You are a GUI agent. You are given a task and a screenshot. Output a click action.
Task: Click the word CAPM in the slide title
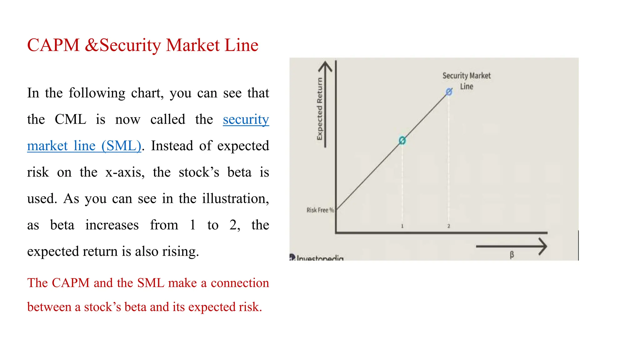tap(53, 45)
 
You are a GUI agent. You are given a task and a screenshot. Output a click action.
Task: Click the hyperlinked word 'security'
tap(246, 119)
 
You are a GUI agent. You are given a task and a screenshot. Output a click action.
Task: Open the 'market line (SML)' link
tap(84, 146)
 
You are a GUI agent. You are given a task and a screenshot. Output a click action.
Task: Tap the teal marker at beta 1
tap(402, 141)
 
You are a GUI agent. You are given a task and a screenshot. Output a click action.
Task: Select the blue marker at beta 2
tap(449, 92)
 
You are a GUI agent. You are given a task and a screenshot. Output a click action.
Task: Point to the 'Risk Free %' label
tap(320, 210)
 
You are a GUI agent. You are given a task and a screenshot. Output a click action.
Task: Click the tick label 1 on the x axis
tap(402, 226)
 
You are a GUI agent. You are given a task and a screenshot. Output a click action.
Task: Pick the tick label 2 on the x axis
tap(448, 226)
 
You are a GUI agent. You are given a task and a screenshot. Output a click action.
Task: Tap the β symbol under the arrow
tap(512, 254)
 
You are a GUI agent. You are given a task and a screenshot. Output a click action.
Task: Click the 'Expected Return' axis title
tap(319, 109)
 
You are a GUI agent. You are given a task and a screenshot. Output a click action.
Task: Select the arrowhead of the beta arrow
tap(543, 247)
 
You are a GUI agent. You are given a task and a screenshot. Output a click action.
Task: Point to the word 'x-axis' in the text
tap(125, 172)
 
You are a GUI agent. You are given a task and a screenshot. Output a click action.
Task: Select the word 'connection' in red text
tap(240, 283)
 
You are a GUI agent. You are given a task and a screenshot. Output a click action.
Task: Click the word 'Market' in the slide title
tap(192, 45)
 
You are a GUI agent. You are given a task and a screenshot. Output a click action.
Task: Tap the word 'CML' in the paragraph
tap(70, 119)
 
